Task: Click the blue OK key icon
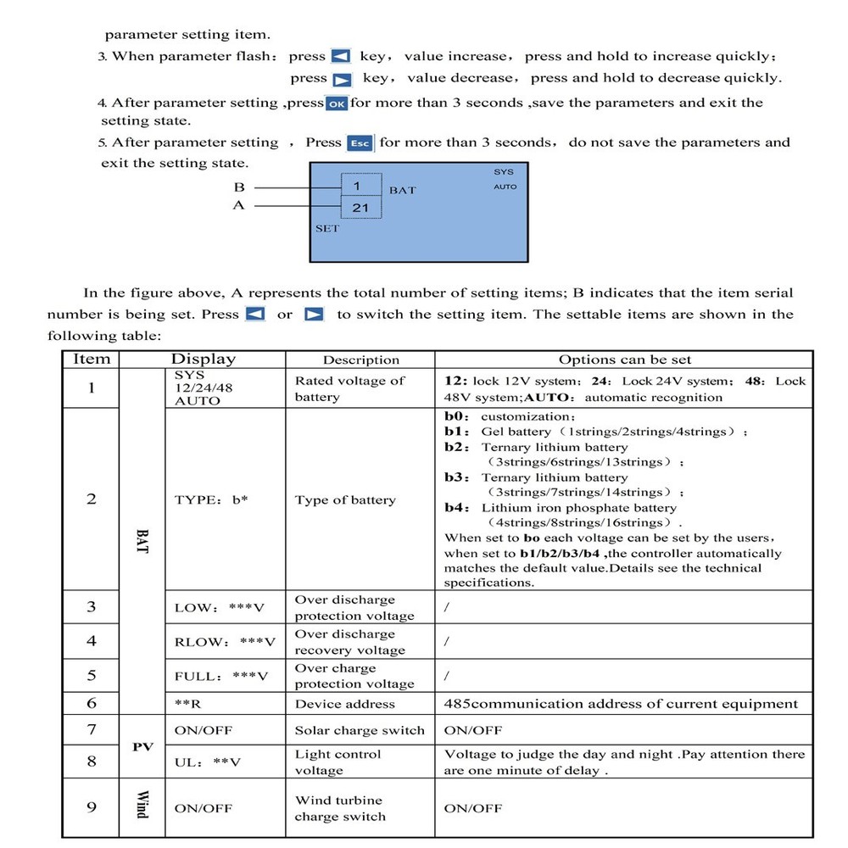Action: [x=337, y=103]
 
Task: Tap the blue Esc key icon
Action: [x=360, y=143]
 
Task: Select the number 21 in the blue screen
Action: [x=360, y=207]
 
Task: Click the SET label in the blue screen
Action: [x=327, y=229]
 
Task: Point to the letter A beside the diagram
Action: [x=238, y=206]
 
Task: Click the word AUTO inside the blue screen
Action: [x=505, y=187]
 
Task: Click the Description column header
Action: [x=361, y=360]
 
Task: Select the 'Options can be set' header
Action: [x=625, y=360]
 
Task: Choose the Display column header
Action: [x=204, y=360]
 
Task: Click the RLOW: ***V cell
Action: [x=225, y=642]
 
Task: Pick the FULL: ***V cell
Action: [x=220, y=676]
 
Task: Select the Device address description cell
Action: [x=345, y=704]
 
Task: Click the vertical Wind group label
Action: [x=142, y=804]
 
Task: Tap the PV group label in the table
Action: [x=142, y=746]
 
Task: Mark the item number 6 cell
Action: [x=92, y=704]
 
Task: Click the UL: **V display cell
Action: [x=208, y=762]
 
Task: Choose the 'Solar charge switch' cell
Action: [x=360, y=730]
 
